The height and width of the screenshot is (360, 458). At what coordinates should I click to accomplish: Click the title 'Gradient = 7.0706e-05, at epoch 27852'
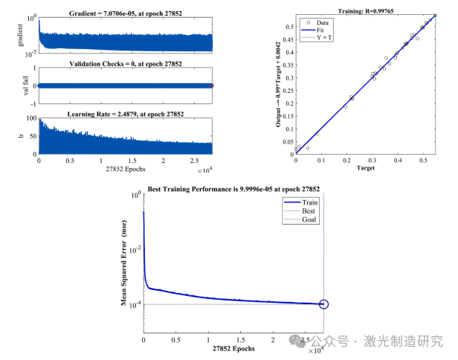[126, 7]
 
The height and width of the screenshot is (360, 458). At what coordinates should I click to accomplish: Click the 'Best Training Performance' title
[234, 188]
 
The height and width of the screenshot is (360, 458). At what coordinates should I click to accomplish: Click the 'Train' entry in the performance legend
[311, 202]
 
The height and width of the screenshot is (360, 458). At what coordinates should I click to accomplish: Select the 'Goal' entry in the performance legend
[310, 219]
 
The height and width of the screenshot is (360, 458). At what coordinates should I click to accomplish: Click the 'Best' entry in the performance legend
[310, 210]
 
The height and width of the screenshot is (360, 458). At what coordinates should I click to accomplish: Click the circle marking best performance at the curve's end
[323, 303]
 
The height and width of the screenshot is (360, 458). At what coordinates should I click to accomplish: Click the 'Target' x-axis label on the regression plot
[364, 169]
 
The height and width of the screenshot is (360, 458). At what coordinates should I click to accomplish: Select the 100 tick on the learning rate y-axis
[30, 119]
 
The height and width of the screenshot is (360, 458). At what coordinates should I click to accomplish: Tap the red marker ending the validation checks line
[213, 86]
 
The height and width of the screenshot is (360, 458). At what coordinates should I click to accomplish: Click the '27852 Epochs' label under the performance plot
[234, 349]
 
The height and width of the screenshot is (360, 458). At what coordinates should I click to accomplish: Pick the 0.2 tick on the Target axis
[346, 160]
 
